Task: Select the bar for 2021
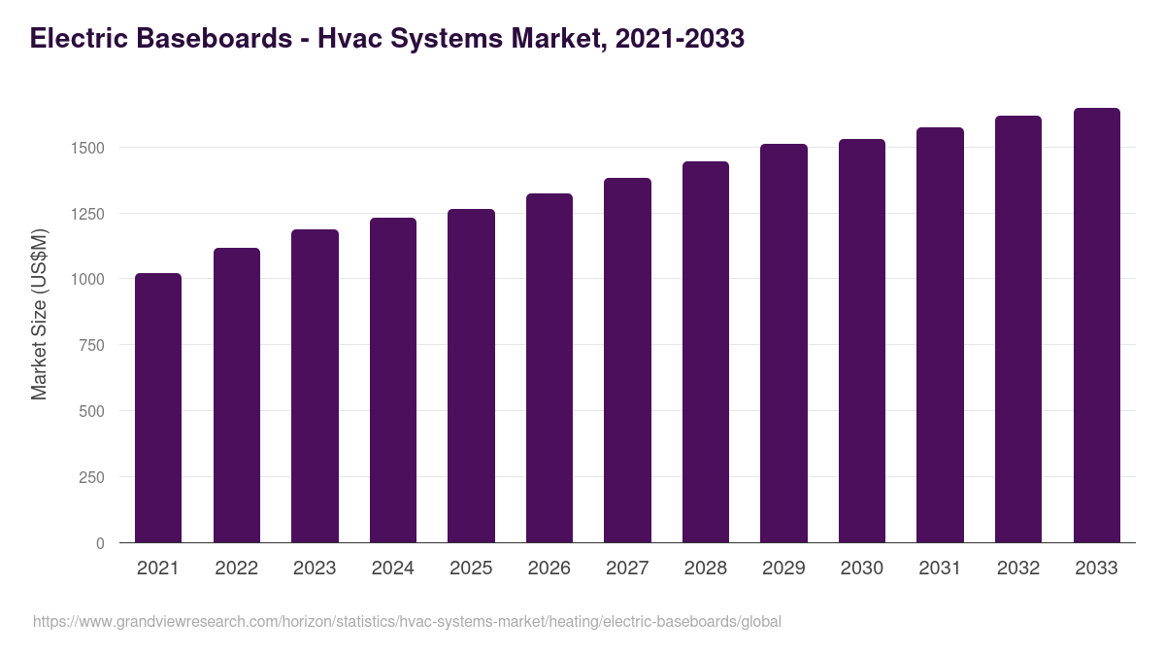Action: (x=158, y=408)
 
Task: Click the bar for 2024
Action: (x=392, y=380)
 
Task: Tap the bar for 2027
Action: (x=627, y=361)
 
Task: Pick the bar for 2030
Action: (x=862, y=341)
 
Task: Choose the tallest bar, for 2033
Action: (x=1096, y=326)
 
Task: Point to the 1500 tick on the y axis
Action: (x=86, y=148)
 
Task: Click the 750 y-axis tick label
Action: (x=91, y=345)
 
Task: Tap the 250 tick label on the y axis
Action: (x=91, y=477)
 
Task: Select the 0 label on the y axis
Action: (x=100, y=543)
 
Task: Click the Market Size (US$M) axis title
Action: (x=39, y=314)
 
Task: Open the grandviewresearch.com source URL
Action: (x=407, y=621)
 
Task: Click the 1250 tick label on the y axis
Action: (x=86, y=214)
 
